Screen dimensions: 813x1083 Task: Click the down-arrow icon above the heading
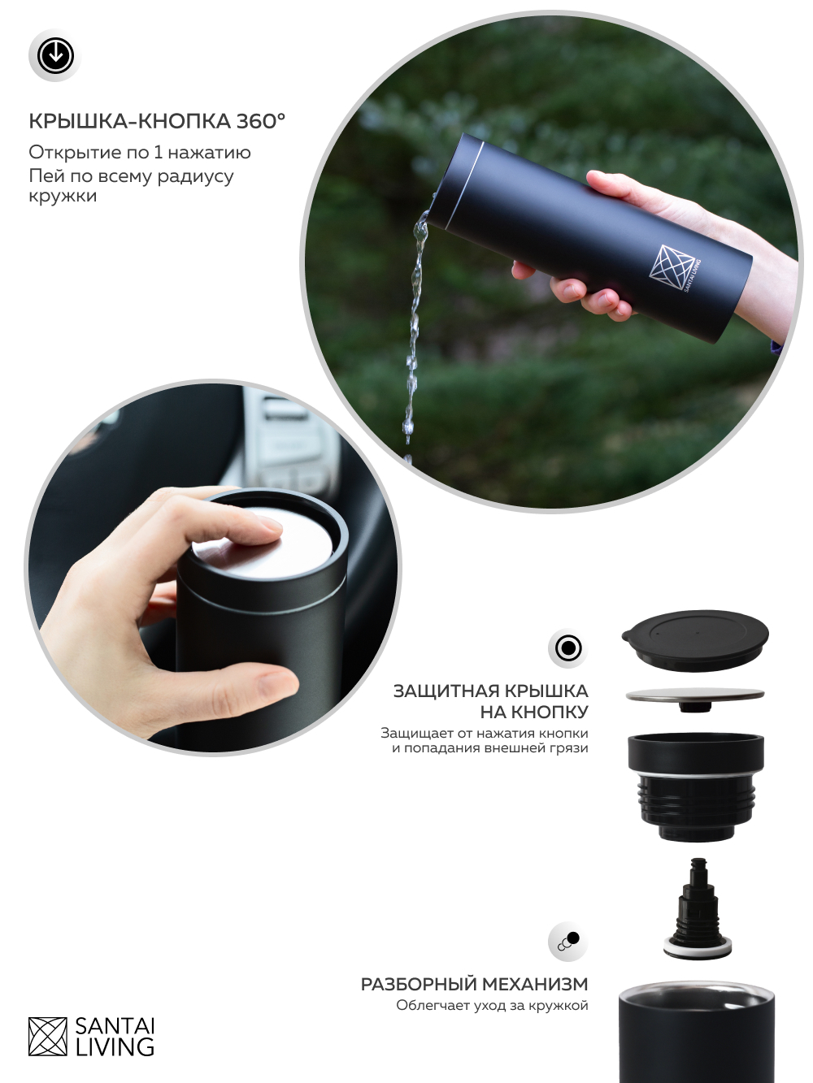point(55,55)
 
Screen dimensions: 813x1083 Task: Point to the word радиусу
point(195,176)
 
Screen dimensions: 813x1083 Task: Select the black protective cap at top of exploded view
point(695,640)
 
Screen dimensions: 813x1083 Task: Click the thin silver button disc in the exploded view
point(695,695)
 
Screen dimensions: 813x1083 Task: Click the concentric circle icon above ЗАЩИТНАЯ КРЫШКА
point(568,648)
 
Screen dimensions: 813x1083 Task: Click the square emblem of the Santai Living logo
point(48,1036)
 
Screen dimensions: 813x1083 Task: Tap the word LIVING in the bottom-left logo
point(115,1046)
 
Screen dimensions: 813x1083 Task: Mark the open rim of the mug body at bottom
point(697,996)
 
